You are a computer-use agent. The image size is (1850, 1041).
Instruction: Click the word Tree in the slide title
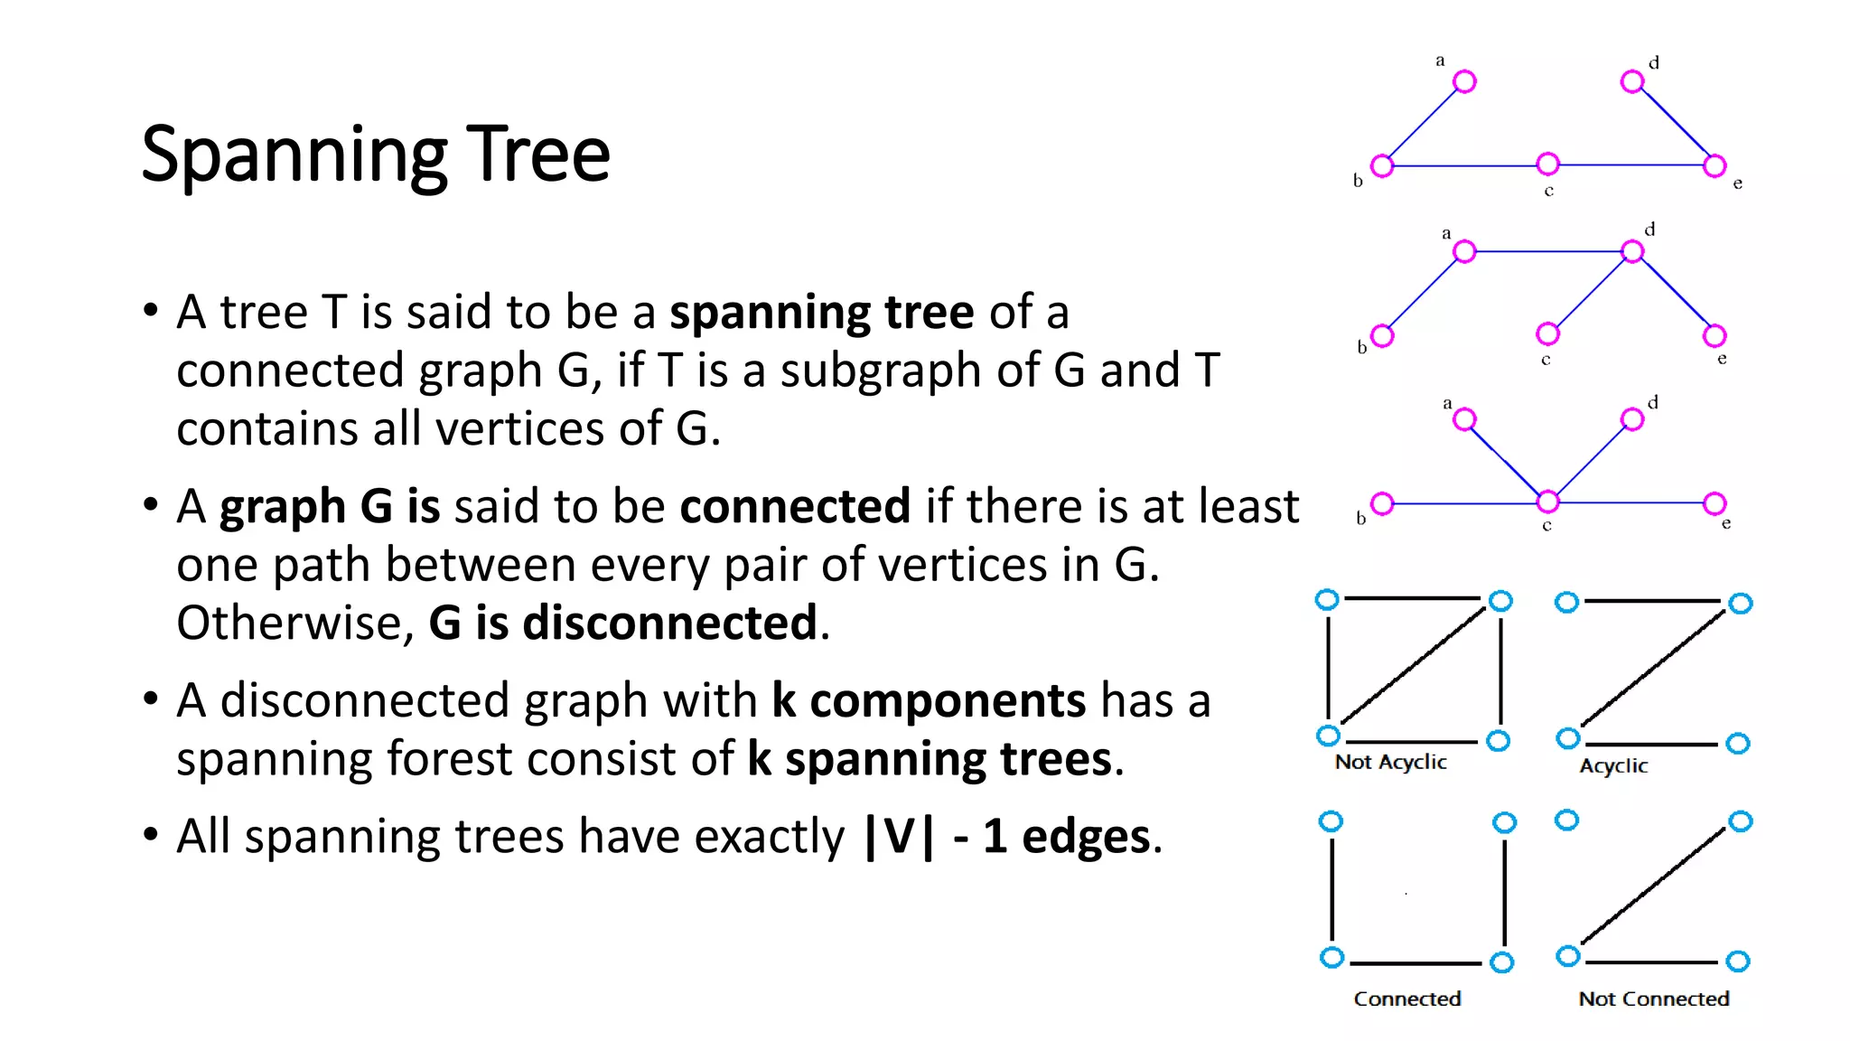coord(538,154)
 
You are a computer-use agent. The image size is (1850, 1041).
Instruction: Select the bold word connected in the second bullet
coord(795,506)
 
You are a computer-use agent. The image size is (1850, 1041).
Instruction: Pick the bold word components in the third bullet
coord(948,701)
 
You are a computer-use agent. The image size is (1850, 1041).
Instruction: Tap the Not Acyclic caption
coord(1390,763)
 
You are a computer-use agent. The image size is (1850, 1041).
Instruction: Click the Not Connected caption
coord(1653,999)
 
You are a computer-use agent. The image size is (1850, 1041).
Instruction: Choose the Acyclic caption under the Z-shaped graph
coord(1613,766)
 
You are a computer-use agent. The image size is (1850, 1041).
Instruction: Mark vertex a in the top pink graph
coord(1464,82)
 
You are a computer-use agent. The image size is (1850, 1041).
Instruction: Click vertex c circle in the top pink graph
coord(1547,164)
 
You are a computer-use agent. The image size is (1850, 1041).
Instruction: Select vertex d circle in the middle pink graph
coord(1631,251)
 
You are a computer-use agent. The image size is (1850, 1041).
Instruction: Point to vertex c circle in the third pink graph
coord(1547,502)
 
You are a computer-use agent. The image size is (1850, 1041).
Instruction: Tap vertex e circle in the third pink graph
coord(1715,503)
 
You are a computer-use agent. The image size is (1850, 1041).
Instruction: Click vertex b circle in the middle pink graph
coord(1382,336)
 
